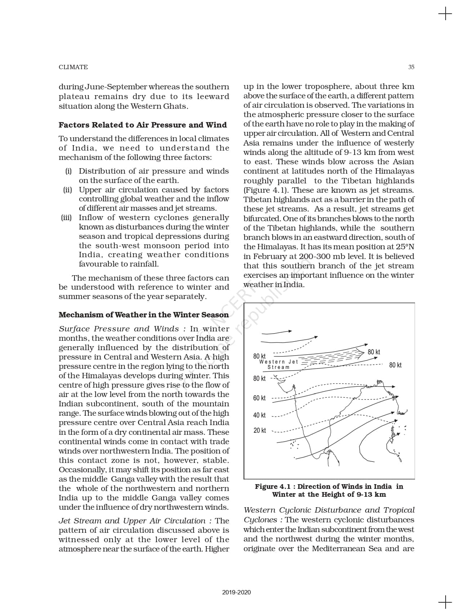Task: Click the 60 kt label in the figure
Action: pos(259,398)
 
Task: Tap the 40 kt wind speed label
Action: pos(259,415)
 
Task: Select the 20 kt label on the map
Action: pos(259,430)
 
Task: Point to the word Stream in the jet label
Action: pos(278,367)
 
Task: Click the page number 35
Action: pos(411,67)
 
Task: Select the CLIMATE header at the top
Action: pos(73,67)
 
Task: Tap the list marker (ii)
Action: pos(67,190)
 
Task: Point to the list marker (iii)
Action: pos(66,218)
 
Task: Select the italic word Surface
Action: pos(74,329)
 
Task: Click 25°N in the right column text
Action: pos(405,247)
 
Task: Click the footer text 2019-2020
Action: pos(236,592)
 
